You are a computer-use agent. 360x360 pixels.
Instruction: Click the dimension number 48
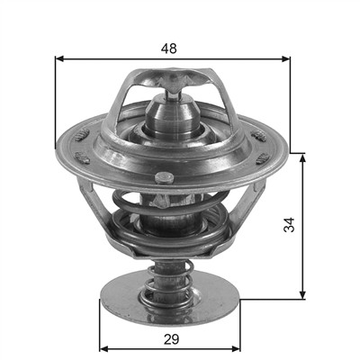(x=169, y=49)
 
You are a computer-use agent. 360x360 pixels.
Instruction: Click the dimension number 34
(x=289, y=225)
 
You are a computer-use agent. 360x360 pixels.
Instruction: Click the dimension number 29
(x=171, y=339)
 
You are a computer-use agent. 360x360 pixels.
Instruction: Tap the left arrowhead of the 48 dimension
(x=60, y=58)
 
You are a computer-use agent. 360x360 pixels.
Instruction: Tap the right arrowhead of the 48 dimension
(x=286, y=58)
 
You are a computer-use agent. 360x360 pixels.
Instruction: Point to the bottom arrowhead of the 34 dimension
(x=303, y=295)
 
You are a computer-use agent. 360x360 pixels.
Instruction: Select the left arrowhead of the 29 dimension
(x=103, y=348)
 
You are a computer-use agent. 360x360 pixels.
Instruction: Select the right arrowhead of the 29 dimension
(x=236, y=348)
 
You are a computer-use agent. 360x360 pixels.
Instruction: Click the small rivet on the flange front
(x=165, y=178)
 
